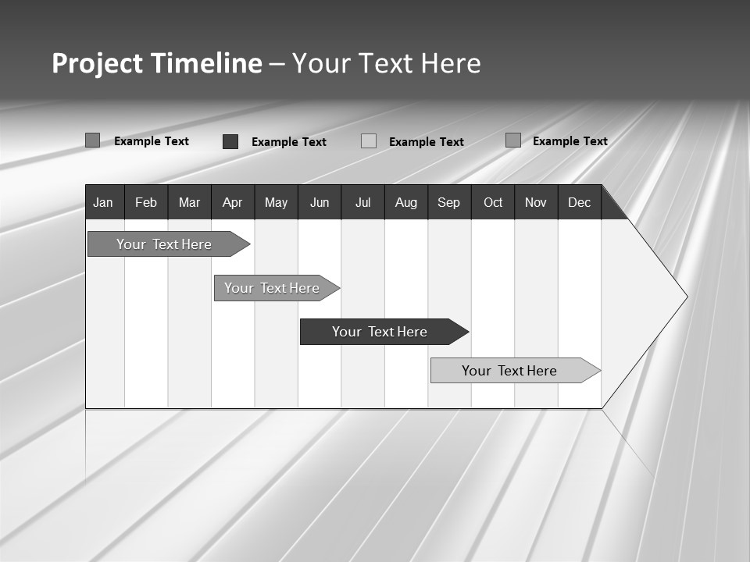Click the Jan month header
pos(104,202)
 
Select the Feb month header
pos(146,202)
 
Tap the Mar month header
pos(189,202)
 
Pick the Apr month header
pos(233,202)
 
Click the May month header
pos(276,202)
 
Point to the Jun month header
pos(320,202)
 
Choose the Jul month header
pos(362,202)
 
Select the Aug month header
pos(406,202)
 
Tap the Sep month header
pos(449,202)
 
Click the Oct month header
pos(493,202)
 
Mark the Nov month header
pos(536,202)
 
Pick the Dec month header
pos(580,202)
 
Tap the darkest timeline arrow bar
pos(380,332)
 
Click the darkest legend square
pos(230,141)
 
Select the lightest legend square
pos(369,141)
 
